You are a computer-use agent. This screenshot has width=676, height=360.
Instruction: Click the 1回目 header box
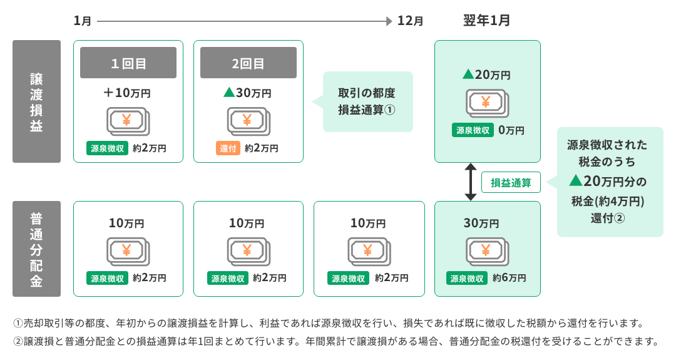click(x=128, y=63)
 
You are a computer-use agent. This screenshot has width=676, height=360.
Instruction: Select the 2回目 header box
click(x=248, y=63)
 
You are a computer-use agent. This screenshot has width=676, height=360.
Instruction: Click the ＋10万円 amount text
click(x=128, y=93)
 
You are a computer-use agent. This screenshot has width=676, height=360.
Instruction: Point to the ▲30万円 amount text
click(x=248, y=93)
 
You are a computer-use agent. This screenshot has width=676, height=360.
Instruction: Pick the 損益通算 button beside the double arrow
click(x=511, y=183)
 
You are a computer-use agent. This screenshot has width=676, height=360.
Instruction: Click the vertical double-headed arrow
click(x=471, y=182)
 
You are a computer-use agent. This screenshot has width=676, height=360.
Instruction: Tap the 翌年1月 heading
click(x=486, y=21)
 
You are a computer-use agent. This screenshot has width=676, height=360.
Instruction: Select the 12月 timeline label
click(x=410, y=21)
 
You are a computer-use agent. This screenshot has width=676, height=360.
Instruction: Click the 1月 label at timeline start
click(x=83, y=21)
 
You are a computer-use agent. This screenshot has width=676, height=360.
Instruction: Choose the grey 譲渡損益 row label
click(x=36, y=101)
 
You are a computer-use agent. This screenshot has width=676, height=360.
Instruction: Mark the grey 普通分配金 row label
click(x=36, y=249)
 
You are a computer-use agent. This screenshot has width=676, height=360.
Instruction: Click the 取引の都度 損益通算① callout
click(x=367, y=101)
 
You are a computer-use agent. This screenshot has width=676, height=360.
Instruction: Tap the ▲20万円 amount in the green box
click(x=486, y=75)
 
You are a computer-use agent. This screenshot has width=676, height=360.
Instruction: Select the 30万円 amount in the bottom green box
click(x=481, y=223)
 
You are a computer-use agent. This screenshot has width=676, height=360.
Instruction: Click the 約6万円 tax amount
click(x=508, y=278)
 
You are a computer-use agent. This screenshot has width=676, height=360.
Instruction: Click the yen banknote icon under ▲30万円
click(x=248, y=120)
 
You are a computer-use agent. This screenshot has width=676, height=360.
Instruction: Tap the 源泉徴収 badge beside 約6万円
click(x=467, y=278)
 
